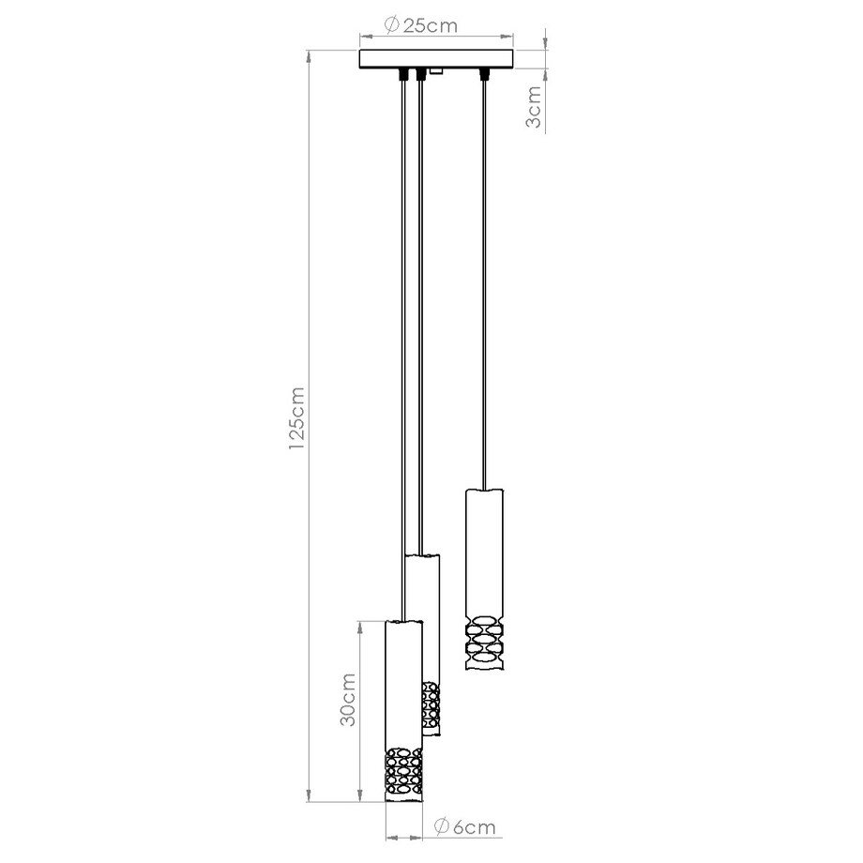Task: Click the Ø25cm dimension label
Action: pyautogui.click(x=421, y=25)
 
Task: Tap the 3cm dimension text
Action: pyautogui.click(x=533, y=109)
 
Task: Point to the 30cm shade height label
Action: pyautogui.click(x=346, y=700)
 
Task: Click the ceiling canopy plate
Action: pyautogui.click(x=437, y=58)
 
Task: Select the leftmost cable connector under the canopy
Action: pyautogui.click(x=404, y=73)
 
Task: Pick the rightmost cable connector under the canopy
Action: pyautogui.click(x=484, y=73)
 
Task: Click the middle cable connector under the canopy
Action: pyautogui.click(x=420, y=74)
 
